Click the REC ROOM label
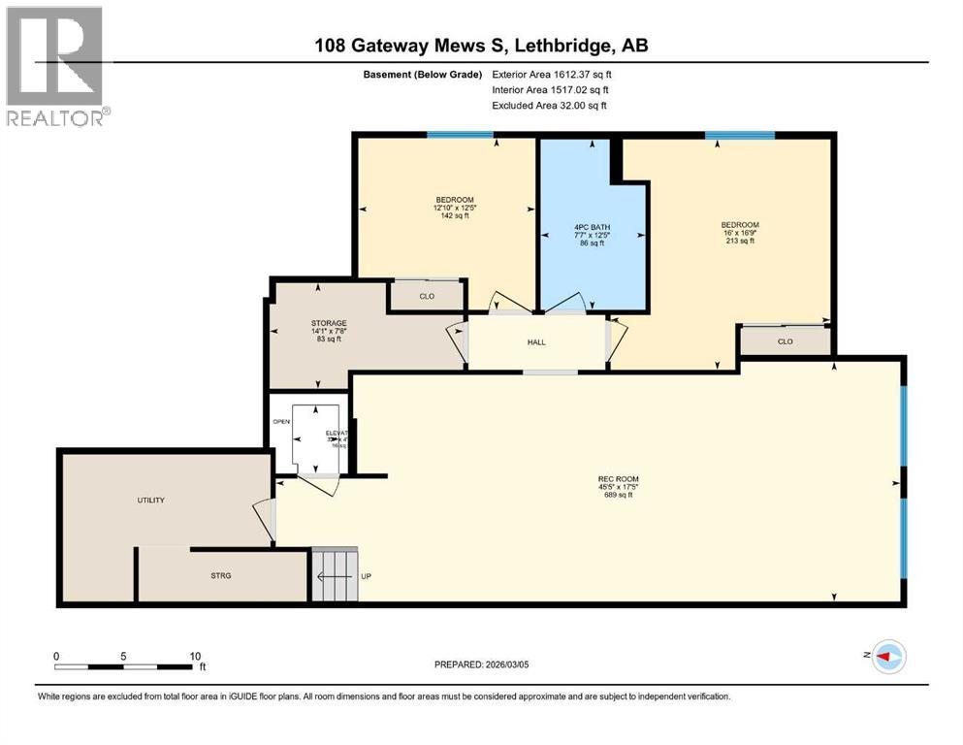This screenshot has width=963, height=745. click(618, 479)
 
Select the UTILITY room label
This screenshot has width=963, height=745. click(150, 501)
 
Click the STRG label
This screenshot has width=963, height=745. click(221, 575)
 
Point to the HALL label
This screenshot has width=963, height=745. click(536, 342)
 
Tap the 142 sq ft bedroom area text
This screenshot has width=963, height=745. click(454, 215)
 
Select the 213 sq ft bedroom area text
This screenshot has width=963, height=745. click(739, 241)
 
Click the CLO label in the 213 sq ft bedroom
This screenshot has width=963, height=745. click(785, 341)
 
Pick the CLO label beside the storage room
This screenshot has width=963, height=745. click(427, 297)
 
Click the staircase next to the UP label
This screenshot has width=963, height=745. click(335, 576)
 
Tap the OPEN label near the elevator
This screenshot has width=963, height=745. click(281, 422)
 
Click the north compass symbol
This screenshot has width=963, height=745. click(888, 657)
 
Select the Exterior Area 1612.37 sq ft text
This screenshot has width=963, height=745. click(552, 74)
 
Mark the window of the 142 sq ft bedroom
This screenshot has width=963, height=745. click(461, 135)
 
